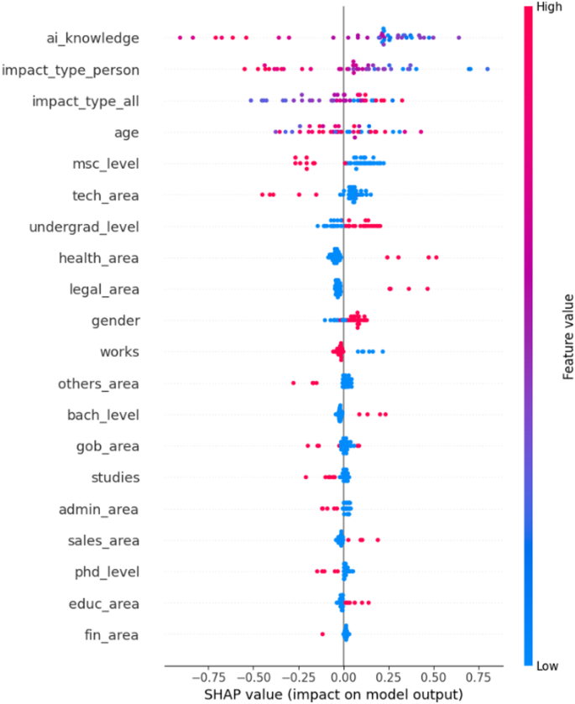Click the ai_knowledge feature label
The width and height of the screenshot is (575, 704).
[x=92, y=38]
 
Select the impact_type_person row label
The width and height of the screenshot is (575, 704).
[x=71, y=69]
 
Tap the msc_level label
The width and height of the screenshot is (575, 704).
[x=106, y=164]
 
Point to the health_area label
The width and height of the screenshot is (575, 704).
[x=99, y=258]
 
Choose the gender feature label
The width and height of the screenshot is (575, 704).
[x=115, y=321]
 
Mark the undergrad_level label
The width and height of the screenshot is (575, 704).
[x=84, y=227]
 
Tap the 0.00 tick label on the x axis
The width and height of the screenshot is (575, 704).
[x=343, y=676]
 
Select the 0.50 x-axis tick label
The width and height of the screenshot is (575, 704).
[x=433, y=676]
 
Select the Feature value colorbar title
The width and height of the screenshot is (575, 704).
[x=567, y=335]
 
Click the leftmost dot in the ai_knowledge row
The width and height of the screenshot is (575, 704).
[x=180, y=38]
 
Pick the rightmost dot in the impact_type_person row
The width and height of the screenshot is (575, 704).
[x=487, y=69]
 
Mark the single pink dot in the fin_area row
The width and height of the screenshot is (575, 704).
[x=322, y=634]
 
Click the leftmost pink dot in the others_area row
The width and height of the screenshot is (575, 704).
[x=294, y=383]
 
